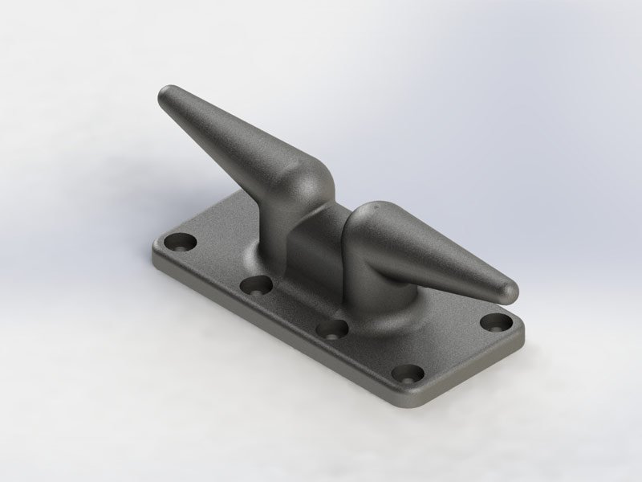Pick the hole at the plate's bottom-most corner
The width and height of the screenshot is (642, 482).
409,374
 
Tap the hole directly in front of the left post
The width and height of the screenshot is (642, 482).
257,284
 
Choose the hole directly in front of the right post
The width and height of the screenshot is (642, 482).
330,328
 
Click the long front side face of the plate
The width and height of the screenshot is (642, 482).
281,337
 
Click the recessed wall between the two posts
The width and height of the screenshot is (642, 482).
317,241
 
